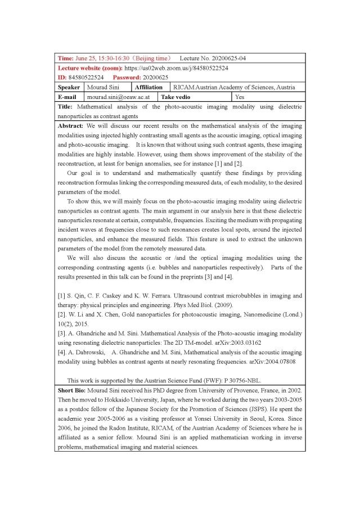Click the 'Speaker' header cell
pos(69,87)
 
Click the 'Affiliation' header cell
pos(148,87)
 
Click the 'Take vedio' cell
pos(176,97)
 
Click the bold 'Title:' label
pos(66,106)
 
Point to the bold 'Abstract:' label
pos(71,126)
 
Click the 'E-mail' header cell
pos(67,97)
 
